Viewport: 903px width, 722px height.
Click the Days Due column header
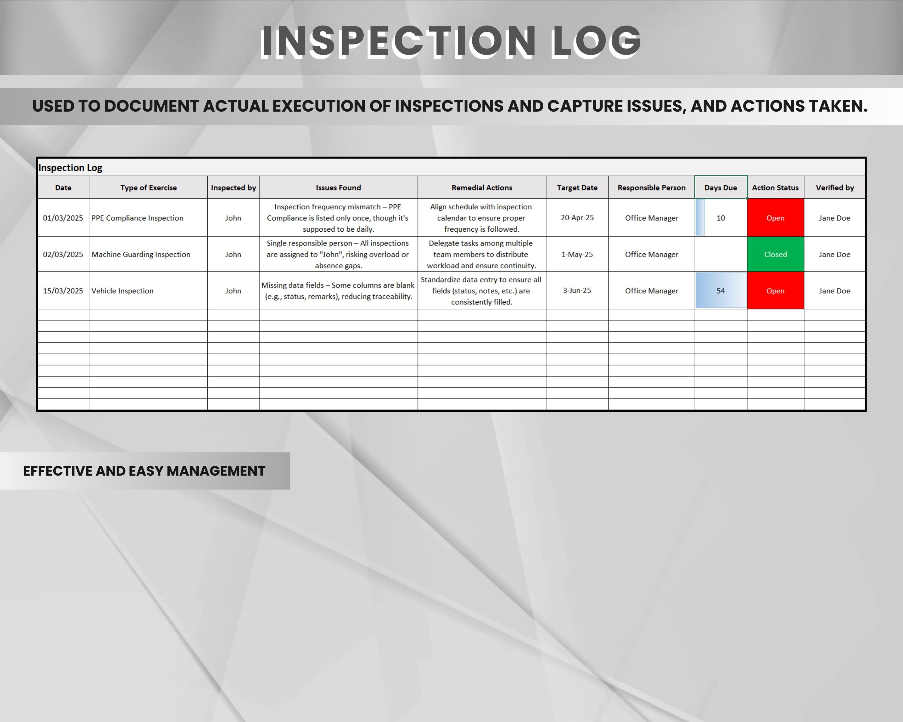(720, 187)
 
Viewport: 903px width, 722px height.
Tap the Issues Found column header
(338, 187)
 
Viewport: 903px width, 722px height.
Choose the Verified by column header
(834, 187)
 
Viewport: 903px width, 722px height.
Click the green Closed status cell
(775, 255)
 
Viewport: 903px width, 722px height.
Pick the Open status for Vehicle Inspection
(775, 291)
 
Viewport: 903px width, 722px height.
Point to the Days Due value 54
(720, 291)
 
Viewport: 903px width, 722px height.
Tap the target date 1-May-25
(577, 255)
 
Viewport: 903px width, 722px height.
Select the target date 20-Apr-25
(577, 218)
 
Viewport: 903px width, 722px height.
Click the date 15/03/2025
(63, 291)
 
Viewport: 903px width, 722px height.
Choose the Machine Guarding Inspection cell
(141, 255)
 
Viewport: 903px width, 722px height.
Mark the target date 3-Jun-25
(577, 291)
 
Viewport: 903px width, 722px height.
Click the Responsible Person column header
(651, 187)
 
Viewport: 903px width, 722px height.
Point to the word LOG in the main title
(596, 41)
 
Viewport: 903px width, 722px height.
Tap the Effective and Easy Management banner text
(144, 471)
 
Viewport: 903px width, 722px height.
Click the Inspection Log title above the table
(70, 168)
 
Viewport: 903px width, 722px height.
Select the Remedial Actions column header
(482, 187)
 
